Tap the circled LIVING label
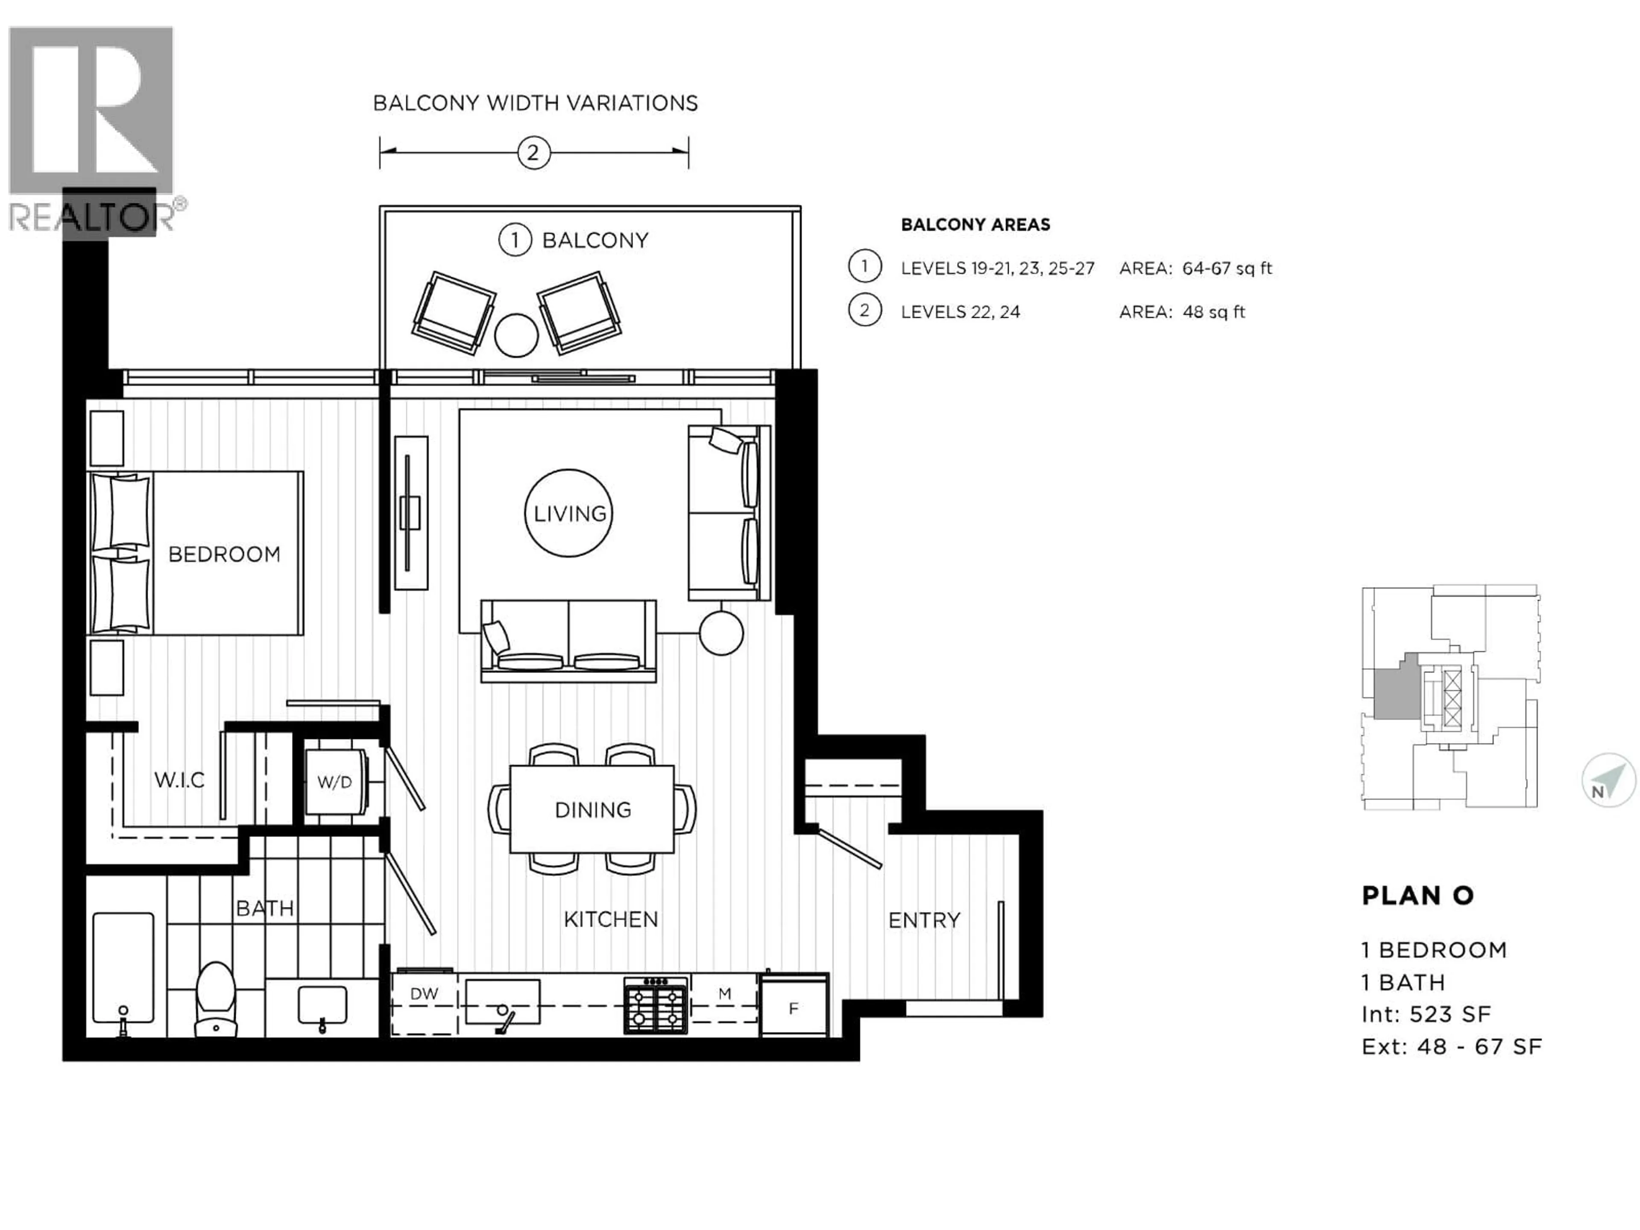pyautogui.click(x=569, y=513)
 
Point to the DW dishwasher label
pyautogui.click(x=424, y=993)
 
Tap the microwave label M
pyautogui.click(x=724, y=993)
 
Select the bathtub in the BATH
pyautogui.click(x=123, y=967)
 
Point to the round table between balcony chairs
pyautogui.click(x=516, y=335)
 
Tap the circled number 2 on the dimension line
pyautogui.click(x=533, y=153)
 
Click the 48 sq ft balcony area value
pyautogui.click(x=1214, y=312)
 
